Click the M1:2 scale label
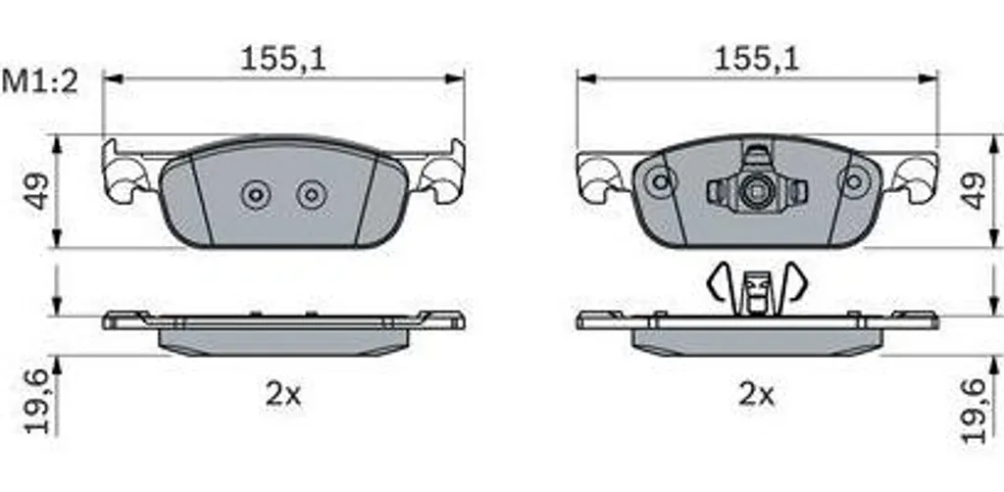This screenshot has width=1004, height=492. (39, 83)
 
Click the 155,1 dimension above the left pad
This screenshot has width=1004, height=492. (283, 60)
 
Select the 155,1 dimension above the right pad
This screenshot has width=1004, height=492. (756, 60)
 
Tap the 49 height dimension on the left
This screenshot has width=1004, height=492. (39, 191)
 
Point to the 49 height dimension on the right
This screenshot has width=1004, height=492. (974, 190)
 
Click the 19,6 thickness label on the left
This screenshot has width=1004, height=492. (39, 403)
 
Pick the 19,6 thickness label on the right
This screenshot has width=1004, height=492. (974, 410)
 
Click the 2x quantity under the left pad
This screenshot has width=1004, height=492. (283, 395)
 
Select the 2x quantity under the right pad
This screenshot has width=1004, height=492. (756, 395)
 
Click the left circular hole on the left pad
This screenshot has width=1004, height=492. (256, 194)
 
